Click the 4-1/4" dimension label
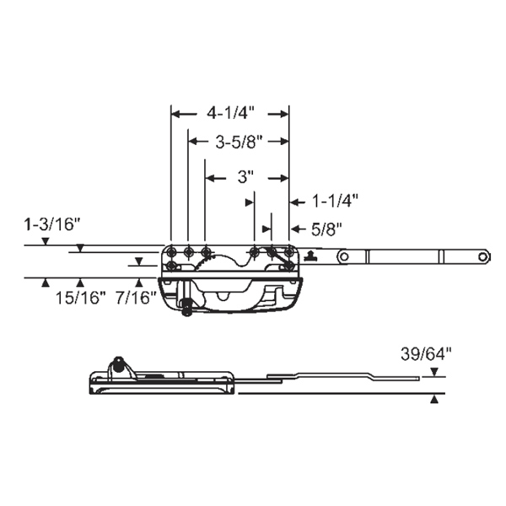pyautogui.click(x=230, y=111)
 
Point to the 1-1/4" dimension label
pyautogui.click(x=336, y=201)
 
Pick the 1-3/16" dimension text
pyautogui.click(x=52, y=224)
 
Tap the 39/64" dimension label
pyautogui.click(x=419, y=355)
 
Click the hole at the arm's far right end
pyautogui.click(x=482, y=255)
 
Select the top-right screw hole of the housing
pyautogui.click(x=288, y=251)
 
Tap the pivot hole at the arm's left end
pyautogui.click(x=343, y=255)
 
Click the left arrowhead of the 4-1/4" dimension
pyautogui.click(x=175, y=111)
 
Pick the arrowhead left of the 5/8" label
pyautogui.click(x=268, y=228)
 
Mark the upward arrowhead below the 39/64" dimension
pyautogui.click(x=433, y=401)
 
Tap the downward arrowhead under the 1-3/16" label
pyautogui.click(x=46, y=242)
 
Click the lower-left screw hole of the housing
pyautogui.click(x=172, y=266)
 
